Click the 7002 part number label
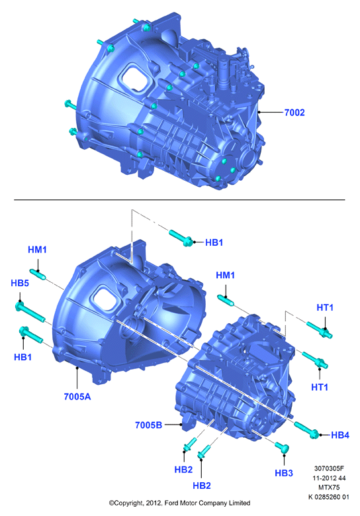pos(294,113)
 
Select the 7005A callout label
pos(77,397)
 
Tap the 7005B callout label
pos(149,425)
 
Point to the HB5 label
pos(20,283)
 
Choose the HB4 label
pos(340,435)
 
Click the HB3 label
pos(284,473)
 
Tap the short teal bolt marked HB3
pos(282,447)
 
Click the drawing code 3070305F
pos(329,468)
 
